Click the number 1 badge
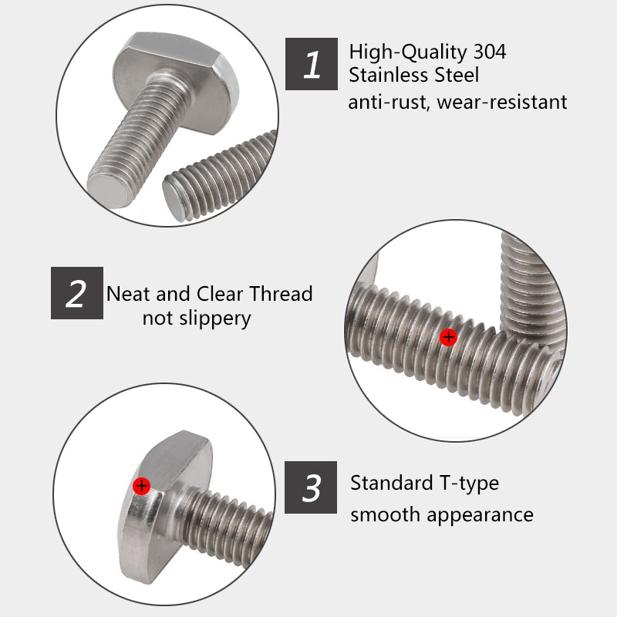pyautogui.click(x=312, y=64)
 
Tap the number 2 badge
pyautogui.click(x=76, y=293)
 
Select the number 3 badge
pyautogui.click(x=312, y=487)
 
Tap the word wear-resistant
pyautogui.click(x=502, y=102)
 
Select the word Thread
pyautogui.click(x=281, y=294)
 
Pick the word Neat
pyautogui.click(x=128, y=294)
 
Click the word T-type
pyautogui.click(x=469, y=484)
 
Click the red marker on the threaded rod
pyautogui.click(x=448, y=337)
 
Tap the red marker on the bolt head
pyautogui.click(x=141, y=485)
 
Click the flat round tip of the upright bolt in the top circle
pyautogui.click(x=108, y=187)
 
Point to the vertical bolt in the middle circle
pyautogui.click(x=531, y=278)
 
